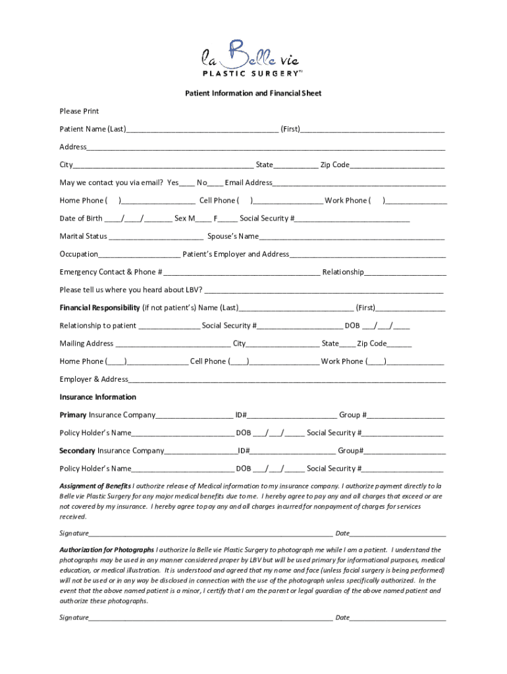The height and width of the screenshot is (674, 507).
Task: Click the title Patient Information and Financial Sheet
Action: point(253,93)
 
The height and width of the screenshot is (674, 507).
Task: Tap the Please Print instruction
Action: point(79,111)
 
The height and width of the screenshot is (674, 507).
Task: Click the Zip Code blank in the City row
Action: point(397,166)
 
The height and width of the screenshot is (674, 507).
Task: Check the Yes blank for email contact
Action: point(187,184)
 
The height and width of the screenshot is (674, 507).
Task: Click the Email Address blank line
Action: point(359,184)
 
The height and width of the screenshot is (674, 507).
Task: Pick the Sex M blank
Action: point(203,219)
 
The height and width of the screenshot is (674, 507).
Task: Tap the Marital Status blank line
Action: point(156,237)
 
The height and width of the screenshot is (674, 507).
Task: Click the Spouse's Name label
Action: point(233,236)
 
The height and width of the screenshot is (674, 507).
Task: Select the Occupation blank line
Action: point(139,255)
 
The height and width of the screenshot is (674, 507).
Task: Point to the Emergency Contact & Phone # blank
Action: point(242,272)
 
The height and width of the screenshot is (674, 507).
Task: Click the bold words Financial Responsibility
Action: point(99,307)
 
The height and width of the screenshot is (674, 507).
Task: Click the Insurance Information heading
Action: point(98,397)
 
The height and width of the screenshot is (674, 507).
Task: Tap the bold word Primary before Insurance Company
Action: point(73,415)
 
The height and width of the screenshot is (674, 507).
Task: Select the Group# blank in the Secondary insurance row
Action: point(405,452)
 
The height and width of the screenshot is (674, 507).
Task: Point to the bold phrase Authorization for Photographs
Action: point(107,549)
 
